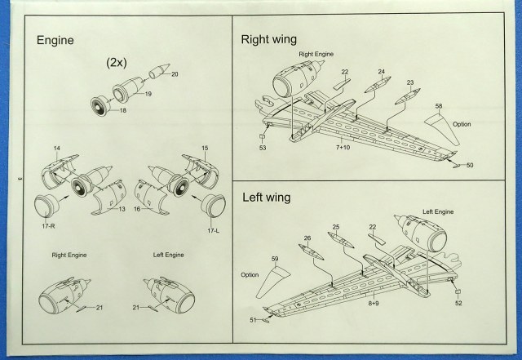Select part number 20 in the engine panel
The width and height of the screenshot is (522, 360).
pyautogui.click(x=173, y=74)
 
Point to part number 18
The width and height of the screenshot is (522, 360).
pyautogui.click(x=124, y=109)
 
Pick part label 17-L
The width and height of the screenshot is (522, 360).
pyautogui.click(x=215, y=231)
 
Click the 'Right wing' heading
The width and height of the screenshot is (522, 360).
pyautogui.click(x=268, y=38)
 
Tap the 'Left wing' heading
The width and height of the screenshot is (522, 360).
pyautogui.click(x=265, y=197)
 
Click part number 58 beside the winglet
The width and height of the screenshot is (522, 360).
pyautogui.click(x=438, y=107)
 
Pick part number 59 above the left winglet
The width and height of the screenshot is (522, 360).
pyautogui.click(x=275, y=260)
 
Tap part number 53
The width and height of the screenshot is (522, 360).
pyautogui.click(x=263, y=149)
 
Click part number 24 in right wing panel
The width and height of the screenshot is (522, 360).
pyautogui.click(x=380, y=72)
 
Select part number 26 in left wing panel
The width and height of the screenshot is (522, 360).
pyautogui.click(x=307, y=238)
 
